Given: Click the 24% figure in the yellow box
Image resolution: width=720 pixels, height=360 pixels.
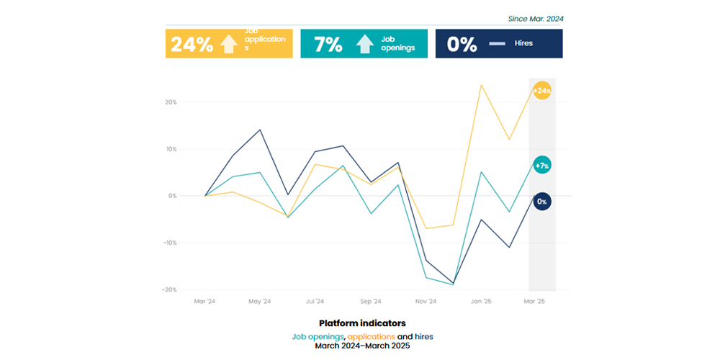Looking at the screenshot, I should [x=192, y=45].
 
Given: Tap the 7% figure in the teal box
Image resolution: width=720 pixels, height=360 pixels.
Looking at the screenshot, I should [x=328, y=45].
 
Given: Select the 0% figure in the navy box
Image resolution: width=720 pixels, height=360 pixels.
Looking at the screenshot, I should [x=462, y=45].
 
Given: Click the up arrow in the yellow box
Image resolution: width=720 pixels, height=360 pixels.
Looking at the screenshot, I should [x=228, y=45].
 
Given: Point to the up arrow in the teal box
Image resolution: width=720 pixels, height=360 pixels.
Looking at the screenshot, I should [x=365, y=45].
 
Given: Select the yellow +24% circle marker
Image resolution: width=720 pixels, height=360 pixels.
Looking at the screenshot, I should [x=542, y=91].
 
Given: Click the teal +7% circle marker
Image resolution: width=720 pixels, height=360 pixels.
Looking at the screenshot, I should [x=542, y=166].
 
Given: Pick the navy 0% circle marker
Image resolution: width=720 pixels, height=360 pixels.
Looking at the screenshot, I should [x=542, y=202].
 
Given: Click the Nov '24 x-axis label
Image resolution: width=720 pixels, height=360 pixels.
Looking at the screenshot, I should [x=426, y=302].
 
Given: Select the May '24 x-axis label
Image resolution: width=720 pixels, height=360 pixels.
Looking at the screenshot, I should [x=260, y=302].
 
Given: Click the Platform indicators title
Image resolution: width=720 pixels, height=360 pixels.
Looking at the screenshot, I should [x=362, y=323].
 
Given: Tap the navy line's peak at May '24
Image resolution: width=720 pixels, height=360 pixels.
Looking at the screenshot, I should [x=260, y=130].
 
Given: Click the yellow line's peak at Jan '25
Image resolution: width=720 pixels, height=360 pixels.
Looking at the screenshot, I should [x=481, y=85].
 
